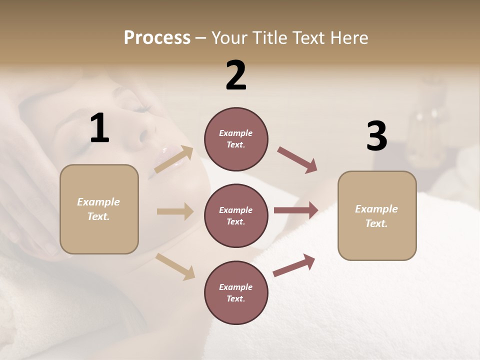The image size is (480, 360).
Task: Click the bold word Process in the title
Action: [x=157, y=38]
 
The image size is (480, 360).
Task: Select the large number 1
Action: [x=99, y=128]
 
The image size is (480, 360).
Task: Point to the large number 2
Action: [x=236, y=75]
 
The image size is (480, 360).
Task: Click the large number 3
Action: [x=376, y=136]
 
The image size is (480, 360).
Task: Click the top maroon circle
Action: [x=236, y=139]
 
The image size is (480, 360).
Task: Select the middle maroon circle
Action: [x=236, y=215]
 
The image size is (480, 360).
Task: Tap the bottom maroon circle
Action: [x=236, y=292]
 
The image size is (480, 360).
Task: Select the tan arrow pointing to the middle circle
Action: [x=175, y=211]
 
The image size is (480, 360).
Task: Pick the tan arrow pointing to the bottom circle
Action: [x=175, y=266]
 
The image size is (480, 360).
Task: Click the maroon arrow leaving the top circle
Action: [x=297, y=160]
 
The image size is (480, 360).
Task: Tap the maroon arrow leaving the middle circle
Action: [x=296, y=210]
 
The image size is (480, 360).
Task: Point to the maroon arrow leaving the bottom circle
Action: [x=294, y=265]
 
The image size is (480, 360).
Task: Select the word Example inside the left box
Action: [x=98, y=202]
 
